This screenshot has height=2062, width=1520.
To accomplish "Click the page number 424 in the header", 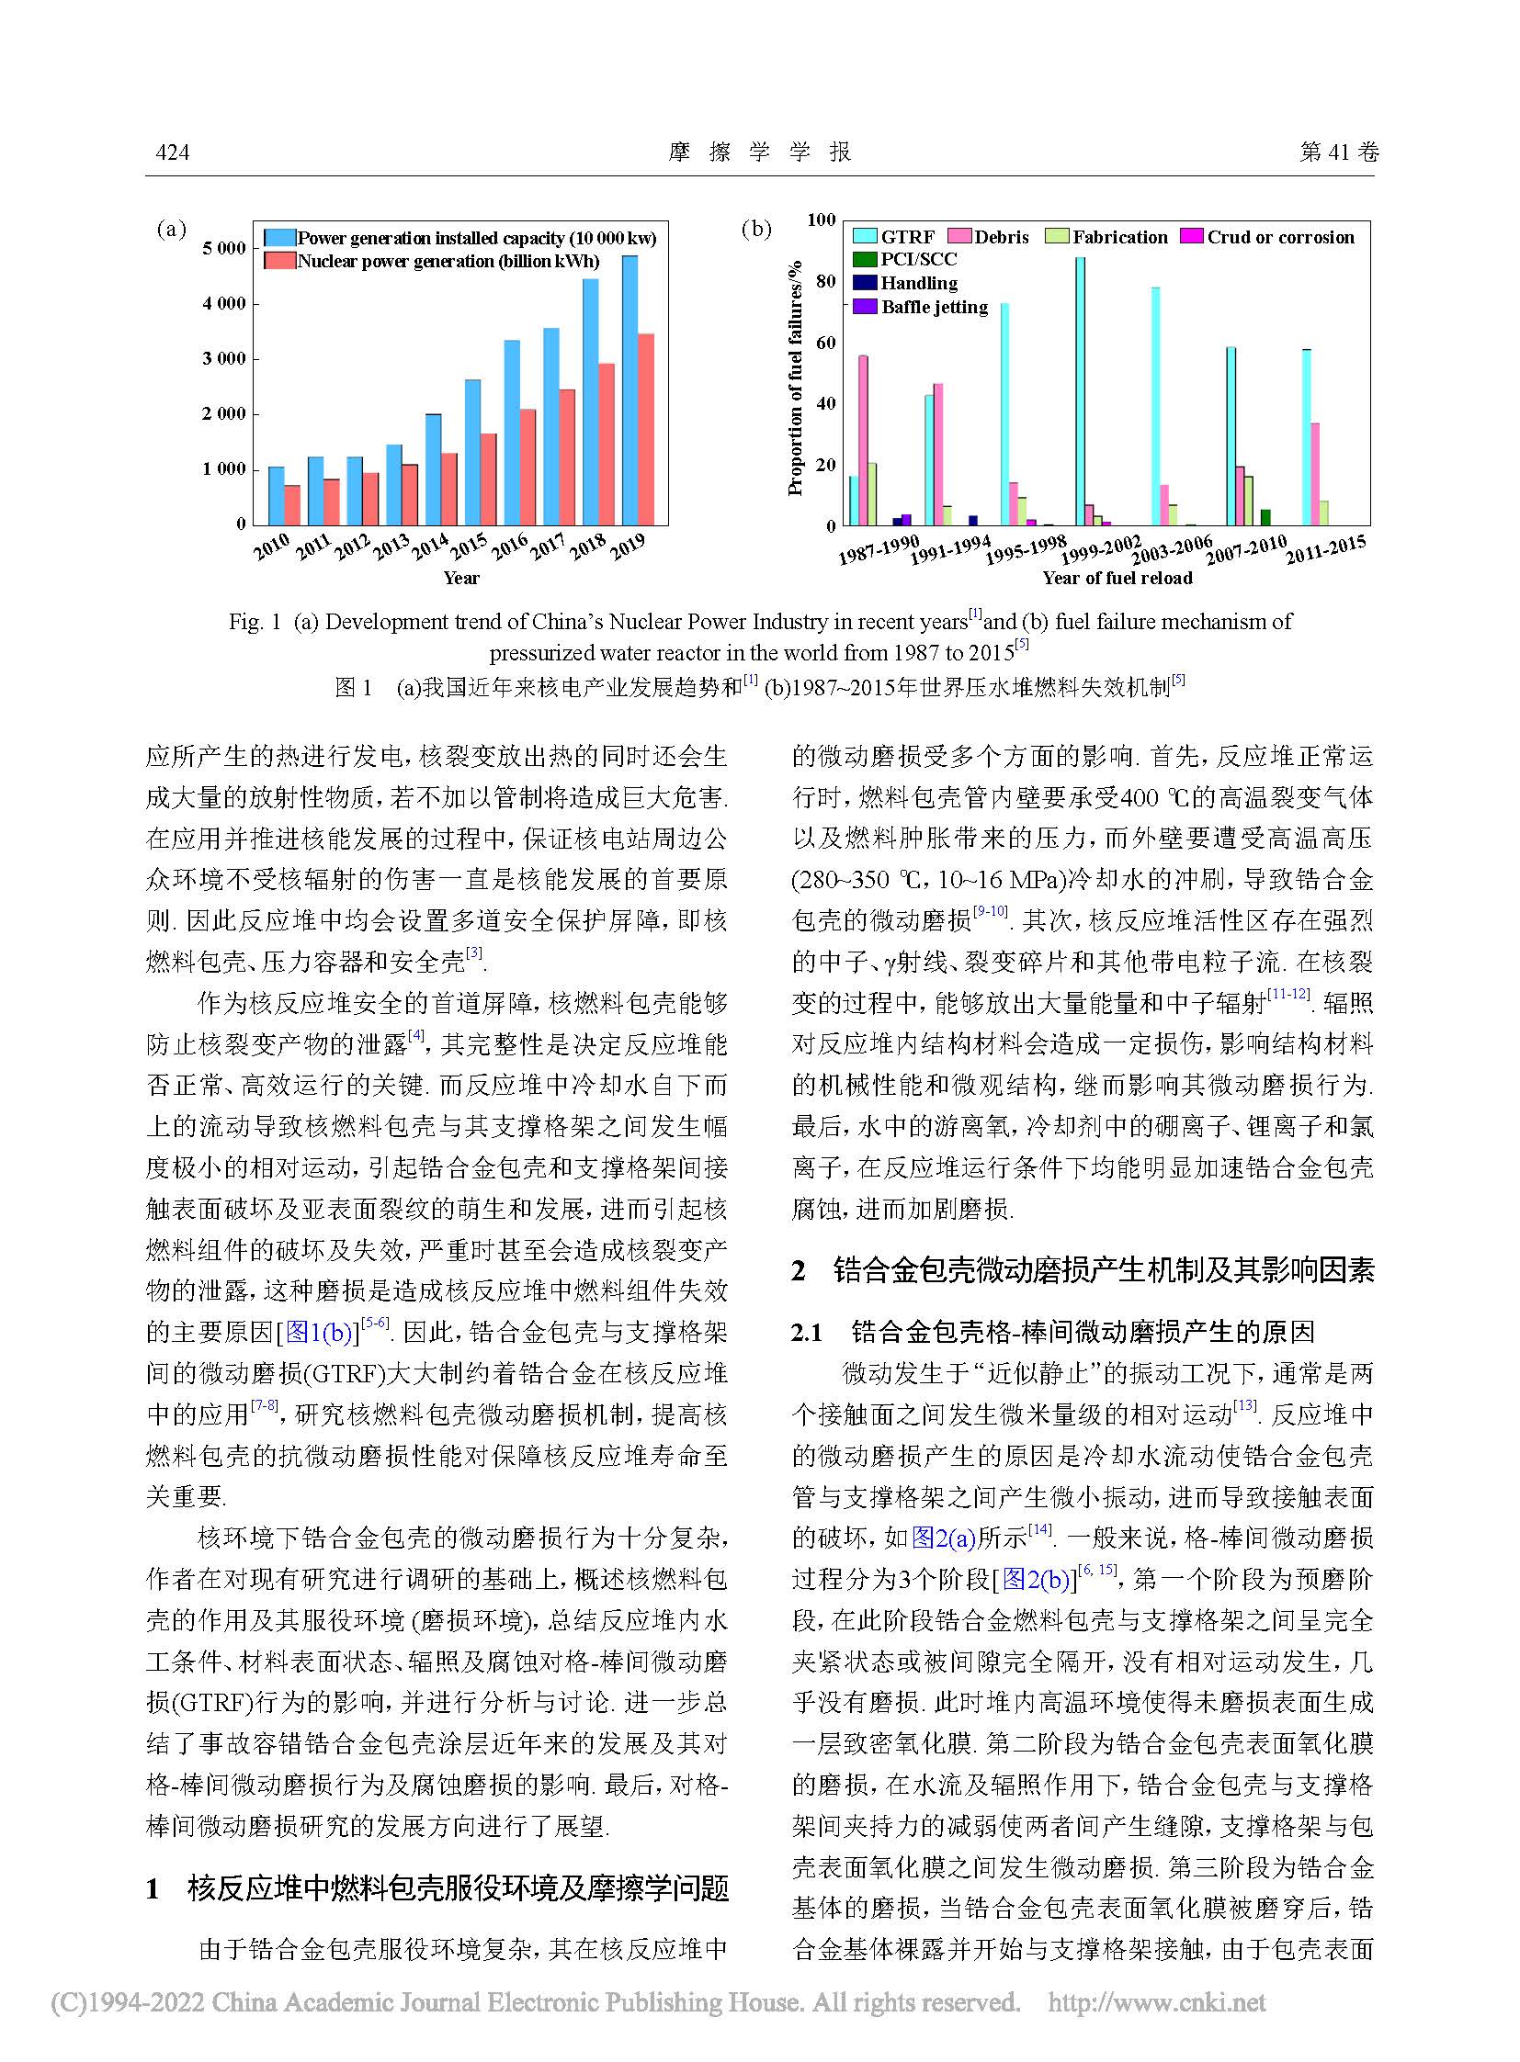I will (173, 152).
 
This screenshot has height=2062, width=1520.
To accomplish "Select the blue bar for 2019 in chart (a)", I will (630, 390).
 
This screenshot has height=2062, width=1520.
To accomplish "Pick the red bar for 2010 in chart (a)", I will (291, 504).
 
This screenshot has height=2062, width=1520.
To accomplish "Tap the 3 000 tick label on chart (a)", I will (224, 359).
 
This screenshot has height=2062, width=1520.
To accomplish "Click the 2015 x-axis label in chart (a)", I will (470, 545).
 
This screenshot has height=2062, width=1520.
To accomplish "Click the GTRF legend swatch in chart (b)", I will (864, 237).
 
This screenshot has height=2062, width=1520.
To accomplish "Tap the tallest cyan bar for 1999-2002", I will (1080, 391).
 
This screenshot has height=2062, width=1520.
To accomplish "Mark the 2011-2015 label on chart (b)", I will (1325, 550).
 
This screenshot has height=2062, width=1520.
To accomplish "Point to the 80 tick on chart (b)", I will (826, 280).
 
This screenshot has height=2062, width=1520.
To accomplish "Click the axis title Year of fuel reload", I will (1117, 579).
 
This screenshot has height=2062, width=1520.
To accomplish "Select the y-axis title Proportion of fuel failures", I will (796, 378).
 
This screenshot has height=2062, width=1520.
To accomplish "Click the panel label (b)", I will (756, 229).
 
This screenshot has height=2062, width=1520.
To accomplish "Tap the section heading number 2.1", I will (807, 1332).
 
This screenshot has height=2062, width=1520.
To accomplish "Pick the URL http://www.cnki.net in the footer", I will (1157, 2002).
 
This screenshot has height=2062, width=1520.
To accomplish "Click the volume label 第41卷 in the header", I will (1339, 152).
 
